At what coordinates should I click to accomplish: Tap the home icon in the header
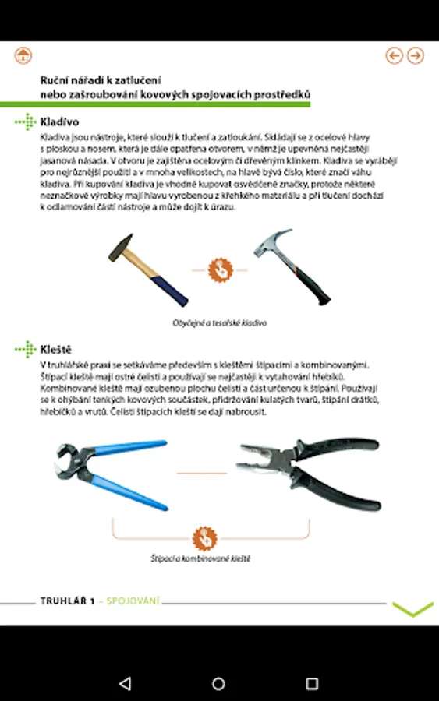coord(23,55)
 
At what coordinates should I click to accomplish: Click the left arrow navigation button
coord(395,55)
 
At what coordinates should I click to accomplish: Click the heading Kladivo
coord(59,122)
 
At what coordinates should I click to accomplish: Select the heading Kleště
coord(56,349)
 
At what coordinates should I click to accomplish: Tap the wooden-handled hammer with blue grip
coord(148,269)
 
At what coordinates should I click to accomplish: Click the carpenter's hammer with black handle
coord(292,266)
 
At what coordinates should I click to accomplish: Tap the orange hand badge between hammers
coord(220,270)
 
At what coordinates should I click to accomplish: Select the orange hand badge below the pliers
coord(205,538)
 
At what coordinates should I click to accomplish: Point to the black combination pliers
coord(309,473)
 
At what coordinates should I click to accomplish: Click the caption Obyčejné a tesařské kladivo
coord(219,322)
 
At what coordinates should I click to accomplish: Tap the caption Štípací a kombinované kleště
coord(200,558)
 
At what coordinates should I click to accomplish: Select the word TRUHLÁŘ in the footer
coord(63,601)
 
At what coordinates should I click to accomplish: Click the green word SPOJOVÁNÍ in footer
coord(133,601)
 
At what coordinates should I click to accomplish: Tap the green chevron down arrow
coord(412,608)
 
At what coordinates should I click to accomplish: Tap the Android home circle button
coord(218,683)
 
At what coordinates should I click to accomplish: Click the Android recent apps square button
coord(312,683)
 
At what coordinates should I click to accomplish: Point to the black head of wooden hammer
coord(121,247)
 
